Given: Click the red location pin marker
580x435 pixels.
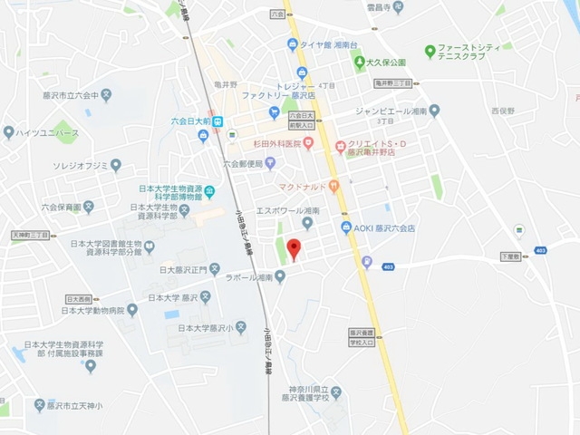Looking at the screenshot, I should pyautogui.click(x=293, y=247).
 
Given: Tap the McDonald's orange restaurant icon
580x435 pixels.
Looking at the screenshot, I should pyautogui.click(x=333, y=188).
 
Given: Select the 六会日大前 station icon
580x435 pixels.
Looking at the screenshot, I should pyautogui.click(x=218, y=121).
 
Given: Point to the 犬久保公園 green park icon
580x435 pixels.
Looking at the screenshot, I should pyautogui.click(x=359, y=63).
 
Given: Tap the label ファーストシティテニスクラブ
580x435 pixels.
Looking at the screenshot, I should pyautogui.click(x=472, y=50).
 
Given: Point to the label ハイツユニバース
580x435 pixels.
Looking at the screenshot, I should pyautogui.click(x=48, y=133).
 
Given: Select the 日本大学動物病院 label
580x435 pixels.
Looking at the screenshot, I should pyautogui.click(x=92, y=310).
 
